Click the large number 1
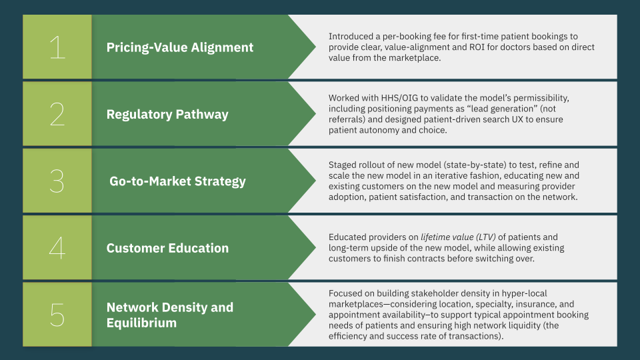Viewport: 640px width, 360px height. point(57,47)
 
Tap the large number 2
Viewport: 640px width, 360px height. point(57,114)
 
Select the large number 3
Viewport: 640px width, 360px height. point(57,181)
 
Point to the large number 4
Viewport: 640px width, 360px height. point(57,247)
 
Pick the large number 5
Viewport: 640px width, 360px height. point(57,315)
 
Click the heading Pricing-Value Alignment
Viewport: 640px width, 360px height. point(180,47)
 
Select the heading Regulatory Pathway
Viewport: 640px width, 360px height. point(167,114)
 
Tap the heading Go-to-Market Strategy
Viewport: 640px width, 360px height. point(177,181)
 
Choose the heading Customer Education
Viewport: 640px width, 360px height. point(167,247)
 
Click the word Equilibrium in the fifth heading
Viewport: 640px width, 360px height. point(141,323)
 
